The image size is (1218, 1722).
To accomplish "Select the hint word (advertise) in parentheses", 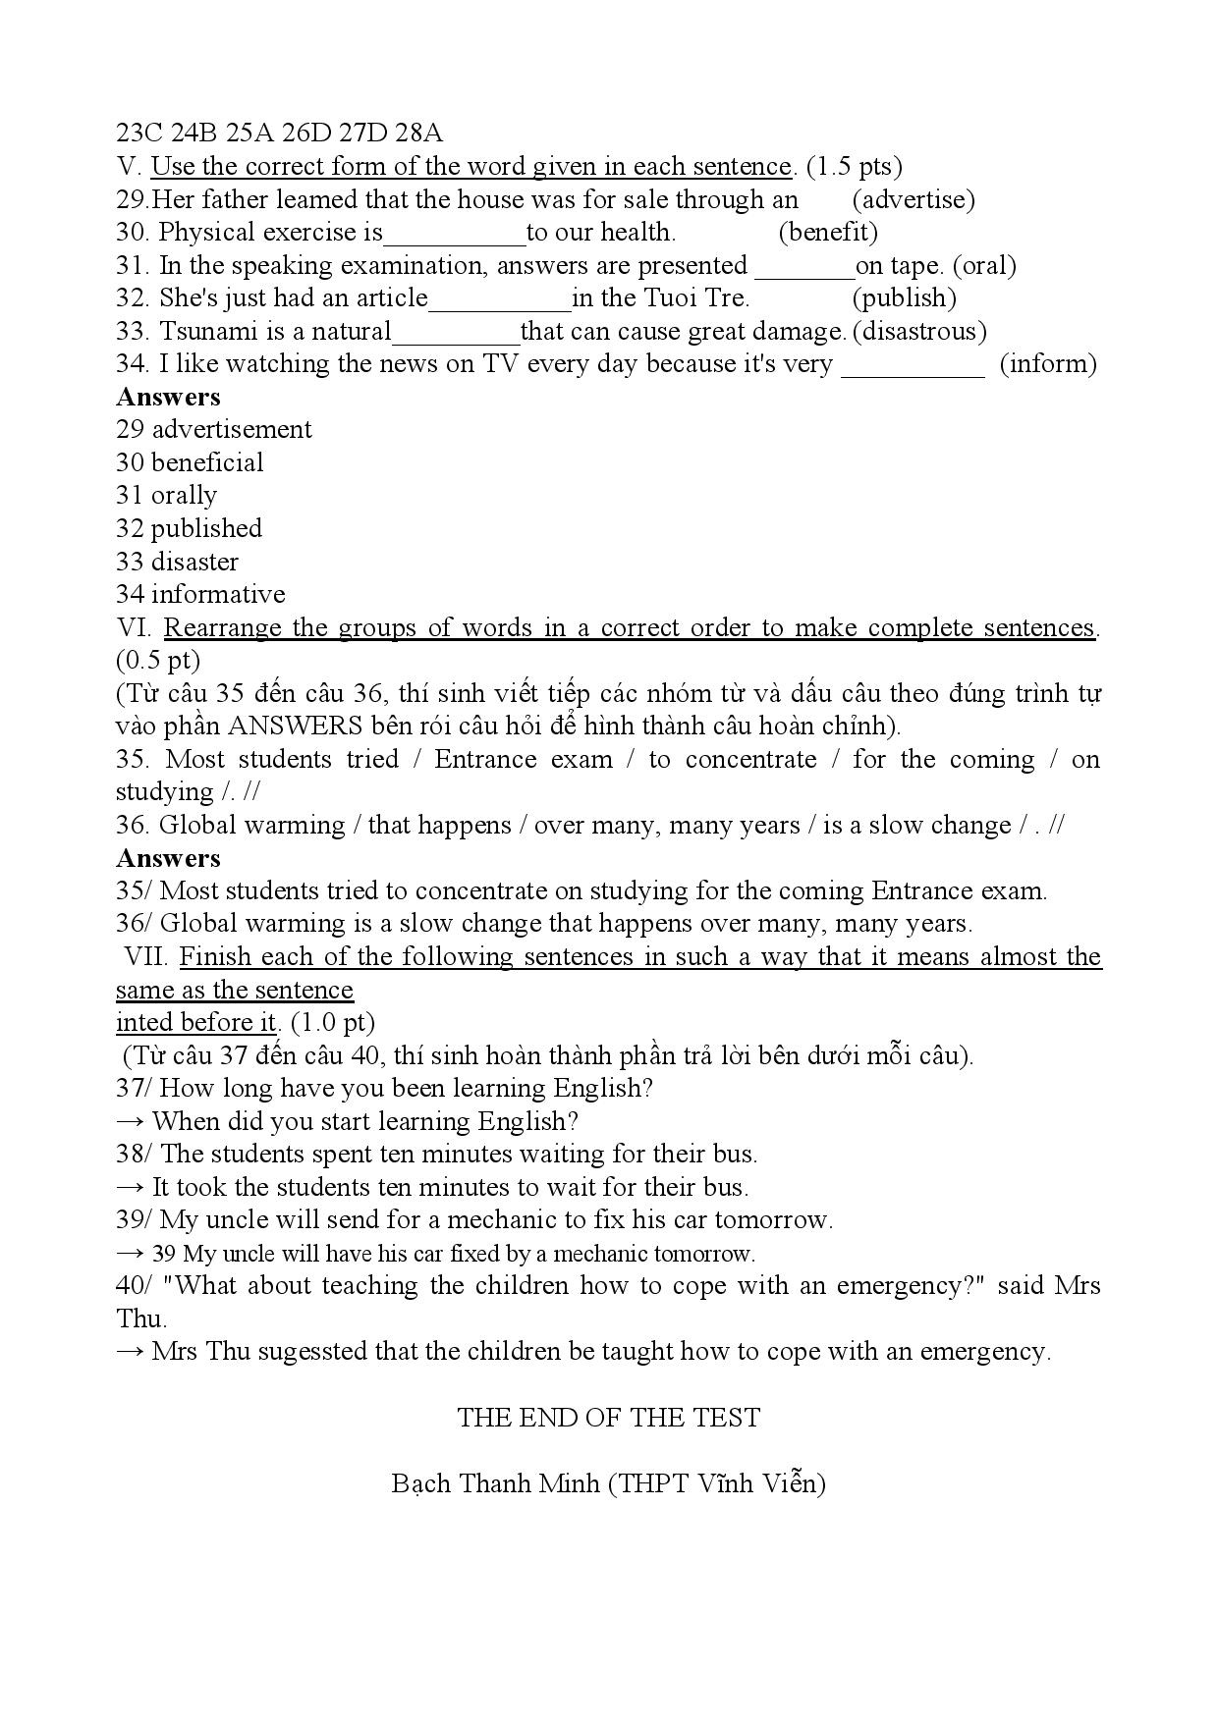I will (913, 199).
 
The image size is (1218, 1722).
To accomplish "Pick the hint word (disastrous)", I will (919, 331).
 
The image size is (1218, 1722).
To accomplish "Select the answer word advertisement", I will (232, 429).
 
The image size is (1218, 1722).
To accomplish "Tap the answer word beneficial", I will (207, 462).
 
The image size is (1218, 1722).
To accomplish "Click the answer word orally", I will (184, 496).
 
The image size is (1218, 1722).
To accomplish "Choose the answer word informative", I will (218, 594).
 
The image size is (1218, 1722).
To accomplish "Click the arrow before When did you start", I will (130, 1121).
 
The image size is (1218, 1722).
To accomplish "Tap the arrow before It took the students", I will (130, 1187).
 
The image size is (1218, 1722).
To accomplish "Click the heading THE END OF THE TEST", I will (608, 1418).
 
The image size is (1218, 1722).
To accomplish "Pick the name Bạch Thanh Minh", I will (495, 1482).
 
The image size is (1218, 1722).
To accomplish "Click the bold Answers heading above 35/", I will (168, 858).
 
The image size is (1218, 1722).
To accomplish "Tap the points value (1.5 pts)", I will (854, 167).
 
